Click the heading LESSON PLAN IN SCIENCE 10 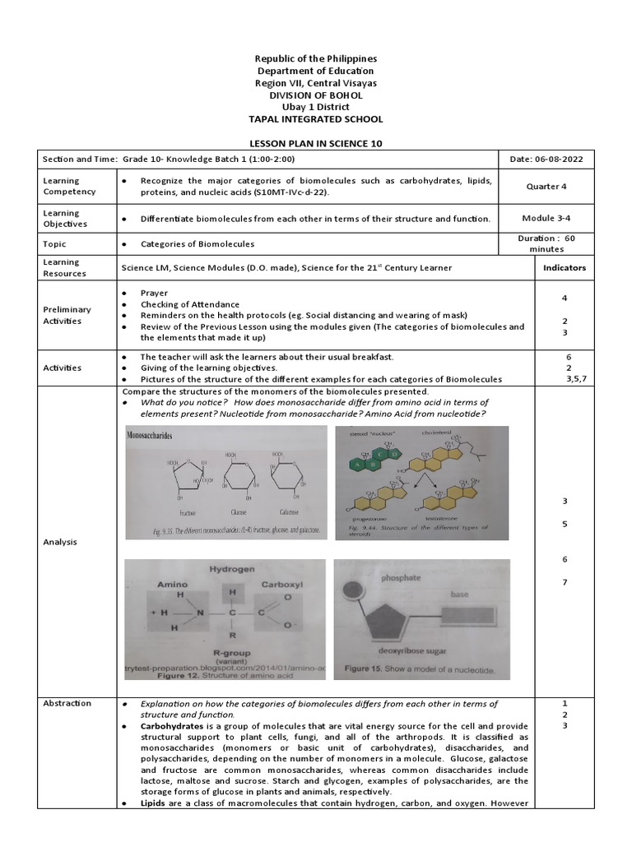[315, 143]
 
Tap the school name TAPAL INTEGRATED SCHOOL [315, 119]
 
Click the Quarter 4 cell [546, 186]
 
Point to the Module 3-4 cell [546, 218]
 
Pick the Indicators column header [564, 267]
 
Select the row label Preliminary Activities [67, 315]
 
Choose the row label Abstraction [67, 703]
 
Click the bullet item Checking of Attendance [190, 304]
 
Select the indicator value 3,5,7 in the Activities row [565, 379]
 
